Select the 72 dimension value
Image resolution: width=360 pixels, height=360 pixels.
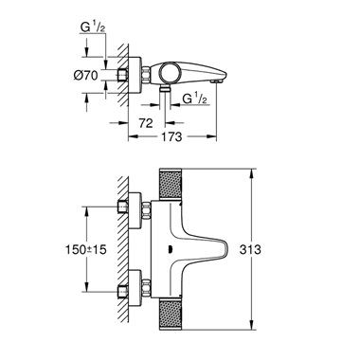[145, 124]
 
